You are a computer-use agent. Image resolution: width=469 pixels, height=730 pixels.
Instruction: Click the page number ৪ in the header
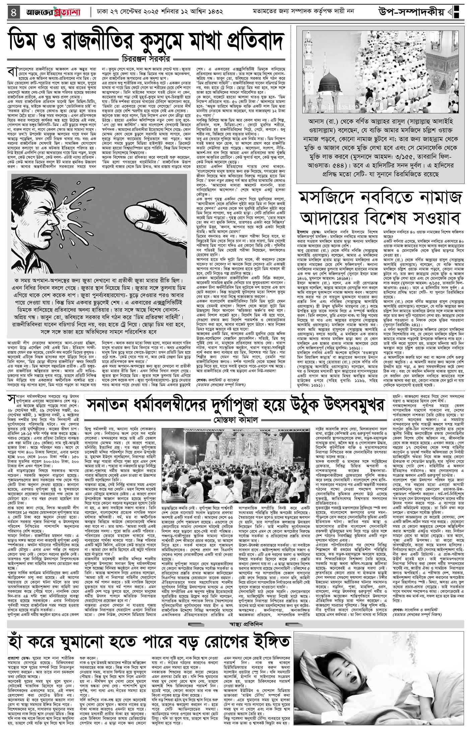[x=13, y=12]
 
